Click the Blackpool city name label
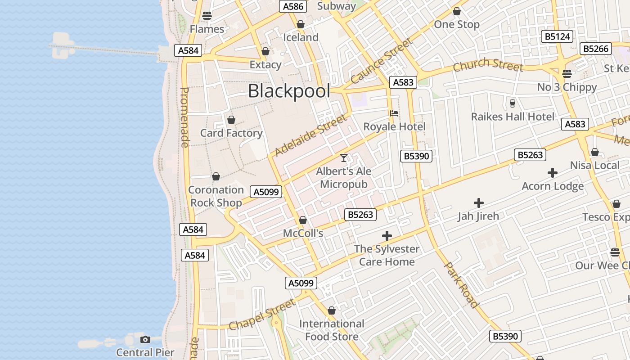click(x=289, y=91)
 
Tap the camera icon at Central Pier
click(x=145, y=339)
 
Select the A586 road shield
click(x=293, y=6)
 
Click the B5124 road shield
click(x=558, y=37)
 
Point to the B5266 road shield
click(x=596, y=49)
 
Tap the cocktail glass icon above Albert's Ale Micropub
click(x=344, y=158)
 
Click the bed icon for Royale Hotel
click(x=394, y=113)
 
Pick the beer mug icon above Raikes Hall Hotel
click(x=512, y=103)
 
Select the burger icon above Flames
click(x=207, y=16)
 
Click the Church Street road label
click(x=488, y=65)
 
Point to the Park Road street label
click(x=461, y=284)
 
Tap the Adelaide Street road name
click(x=310, y=135)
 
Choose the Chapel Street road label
click(x=262, y=314)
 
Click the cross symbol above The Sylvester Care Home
click(x=387, y=236)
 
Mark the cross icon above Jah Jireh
click(x=479, y=203)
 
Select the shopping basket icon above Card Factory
click(x=231, y=120)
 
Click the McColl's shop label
click(x=303, y=234)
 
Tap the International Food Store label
click(x=332, y=330)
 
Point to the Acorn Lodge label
click(x=553, y=186)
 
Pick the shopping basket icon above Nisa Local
click(x=594, y=153)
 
